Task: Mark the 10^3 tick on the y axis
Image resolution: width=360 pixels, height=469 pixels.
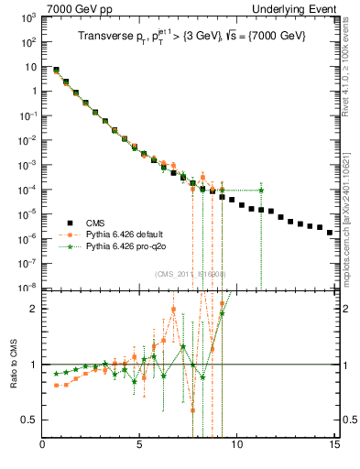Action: click(x=29, y=18)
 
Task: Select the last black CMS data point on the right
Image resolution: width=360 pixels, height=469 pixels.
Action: click(x=330, y=233)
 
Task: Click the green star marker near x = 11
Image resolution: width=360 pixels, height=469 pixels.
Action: click(x=261, y=191)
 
